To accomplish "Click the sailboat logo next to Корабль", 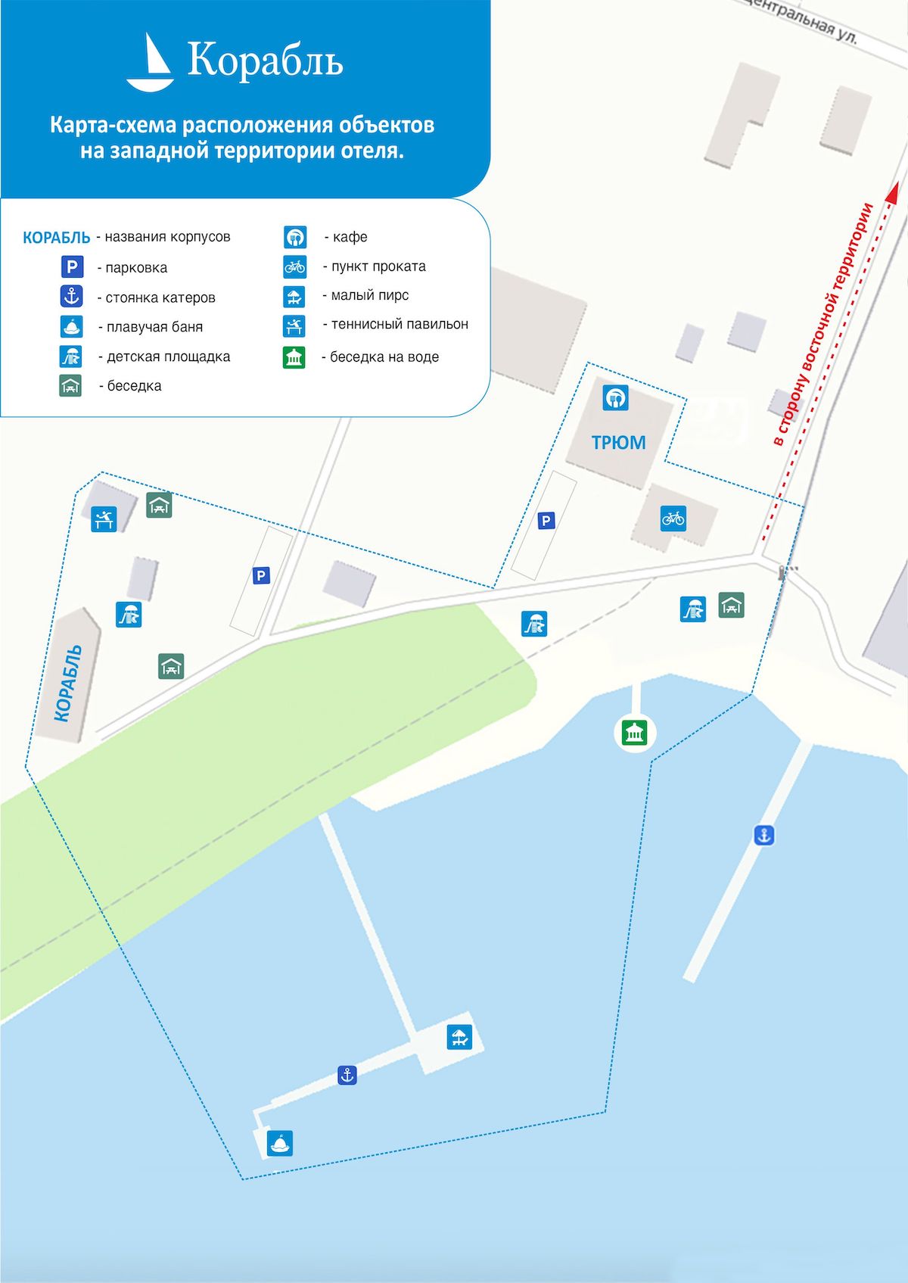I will coord(151,63).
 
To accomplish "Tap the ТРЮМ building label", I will coord(618,443).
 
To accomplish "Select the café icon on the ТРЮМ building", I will coord(615,397).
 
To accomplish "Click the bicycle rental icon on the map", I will coord(673,518).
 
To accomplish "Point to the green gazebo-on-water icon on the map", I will coord(634,733).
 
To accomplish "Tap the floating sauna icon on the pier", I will coord(281,1143).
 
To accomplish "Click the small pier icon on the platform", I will coord(459,1036).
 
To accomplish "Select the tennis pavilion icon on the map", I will coord(104,519).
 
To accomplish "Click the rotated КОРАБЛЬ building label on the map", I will coord(68,683).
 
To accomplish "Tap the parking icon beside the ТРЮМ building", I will coord(546,521).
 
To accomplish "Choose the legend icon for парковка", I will coord(72,266).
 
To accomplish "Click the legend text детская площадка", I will coord(168,357).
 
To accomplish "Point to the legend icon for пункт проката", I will coord(294,266).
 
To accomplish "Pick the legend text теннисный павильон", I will coord(399,324).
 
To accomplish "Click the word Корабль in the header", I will coord(265,61).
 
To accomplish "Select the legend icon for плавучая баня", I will coord(72,326).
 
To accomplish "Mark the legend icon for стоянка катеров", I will coord(72,296).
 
